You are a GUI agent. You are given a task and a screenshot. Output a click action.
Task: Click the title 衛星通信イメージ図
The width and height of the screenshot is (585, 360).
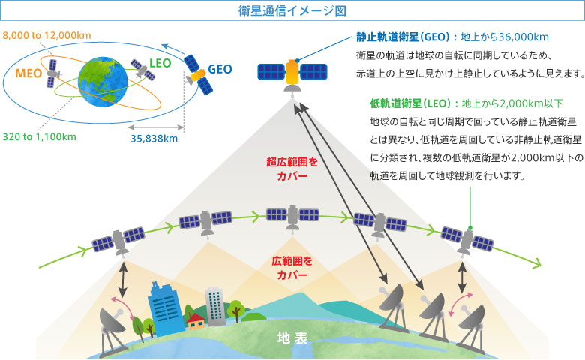(292, 10)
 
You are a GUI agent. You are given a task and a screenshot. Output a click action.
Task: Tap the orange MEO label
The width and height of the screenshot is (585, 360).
(28, 73)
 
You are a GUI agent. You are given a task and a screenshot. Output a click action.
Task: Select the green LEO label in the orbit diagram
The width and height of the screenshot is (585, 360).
(160, 63)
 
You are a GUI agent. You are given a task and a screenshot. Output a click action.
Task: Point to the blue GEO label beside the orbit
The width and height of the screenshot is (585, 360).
(220, 69)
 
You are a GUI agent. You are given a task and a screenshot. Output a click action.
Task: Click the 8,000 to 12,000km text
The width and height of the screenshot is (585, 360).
(46, 35)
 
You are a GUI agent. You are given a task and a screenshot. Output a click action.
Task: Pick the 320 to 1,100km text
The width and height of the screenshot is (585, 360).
(40, 137)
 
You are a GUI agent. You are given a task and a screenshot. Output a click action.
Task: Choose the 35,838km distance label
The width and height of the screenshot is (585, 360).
(154, 139)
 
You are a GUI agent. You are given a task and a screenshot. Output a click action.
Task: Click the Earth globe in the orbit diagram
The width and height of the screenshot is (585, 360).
(103, 82)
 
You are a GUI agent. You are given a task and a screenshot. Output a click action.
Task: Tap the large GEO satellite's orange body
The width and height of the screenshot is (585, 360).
(292, 72)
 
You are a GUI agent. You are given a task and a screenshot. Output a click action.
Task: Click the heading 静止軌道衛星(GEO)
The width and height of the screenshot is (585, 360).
(403, 37)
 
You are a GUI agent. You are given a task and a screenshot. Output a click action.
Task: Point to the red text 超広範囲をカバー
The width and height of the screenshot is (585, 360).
(292, 169)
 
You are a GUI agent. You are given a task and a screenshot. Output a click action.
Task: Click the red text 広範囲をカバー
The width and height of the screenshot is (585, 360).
(292, 268)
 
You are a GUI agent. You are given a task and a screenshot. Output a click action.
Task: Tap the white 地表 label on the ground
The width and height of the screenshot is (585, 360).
(292, 337)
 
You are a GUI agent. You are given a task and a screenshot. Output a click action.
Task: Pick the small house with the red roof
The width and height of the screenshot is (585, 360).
(196, 321)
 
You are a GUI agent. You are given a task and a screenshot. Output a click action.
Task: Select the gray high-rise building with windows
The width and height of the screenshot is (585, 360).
(215, 307)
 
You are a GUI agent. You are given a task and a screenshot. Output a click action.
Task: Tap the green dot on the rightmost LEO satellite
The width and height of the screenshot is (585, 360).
(470, 227)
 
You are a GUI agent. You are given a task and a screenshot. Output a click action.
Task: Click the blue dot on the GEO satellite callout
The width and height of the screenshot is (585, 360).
(297, 61)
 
